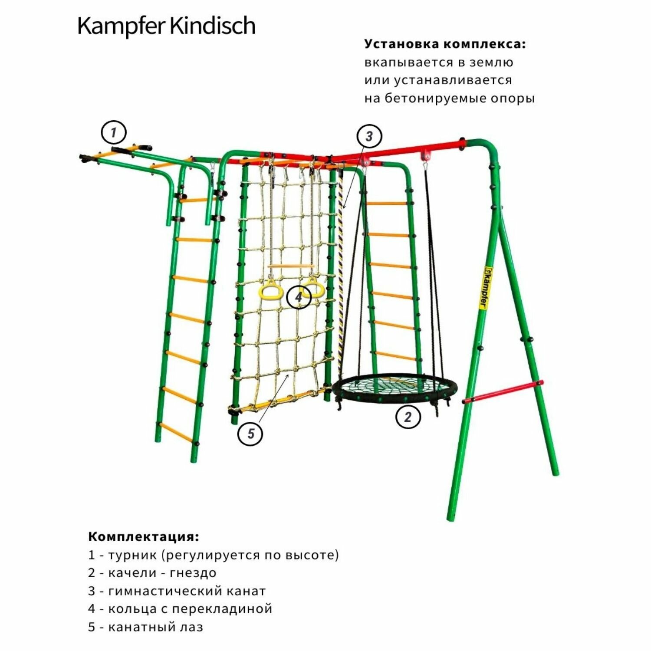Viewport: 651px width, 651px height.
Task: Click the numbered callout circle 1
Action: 114,132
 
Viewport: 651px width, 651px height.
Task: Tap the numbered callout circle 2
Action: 408,417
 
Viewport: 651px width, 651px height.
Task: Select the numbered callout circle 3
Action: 369,136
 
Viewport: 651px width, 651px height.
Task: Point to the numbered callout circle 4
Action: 299,297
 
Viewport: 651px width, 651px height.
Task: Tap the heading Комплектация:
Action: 144,536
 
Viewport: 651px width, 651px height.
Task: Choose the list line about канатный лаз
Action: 146,627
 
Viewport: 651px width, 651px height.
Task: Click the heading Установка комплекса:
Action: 445,44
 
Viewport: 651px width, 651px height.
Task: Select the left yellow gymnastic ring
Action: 270,290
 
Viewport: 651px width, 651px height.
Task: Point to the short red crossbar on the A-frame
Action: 502,391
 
